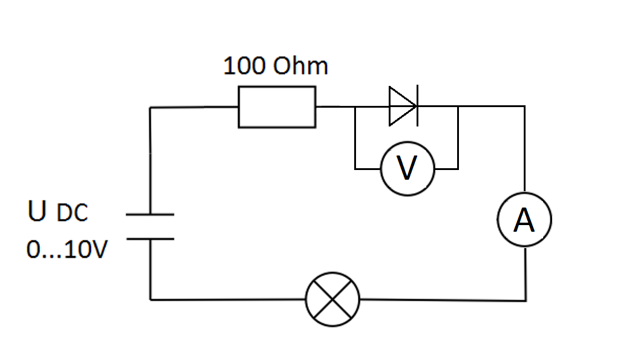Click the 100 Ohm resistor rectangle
277,107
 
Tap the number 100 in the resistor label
244,66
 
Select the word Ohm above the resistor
300,66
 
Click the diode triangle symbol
401,107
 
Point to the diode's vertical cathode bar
417,107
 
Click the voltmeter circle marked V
407,168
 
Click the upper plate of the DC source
150,214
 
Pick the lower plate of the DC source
150,238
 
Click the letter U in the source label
36,212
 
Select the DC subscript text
73,214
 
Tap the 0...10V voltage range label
67,249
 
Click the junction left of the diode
355,107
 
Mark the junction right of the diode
458,107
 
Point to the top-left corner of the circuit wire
151,108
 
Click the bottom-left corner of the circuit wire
151,299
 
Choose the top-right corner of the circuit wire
525,107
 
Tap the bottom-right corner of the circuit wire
526,300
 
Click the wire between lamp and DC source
227,299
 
